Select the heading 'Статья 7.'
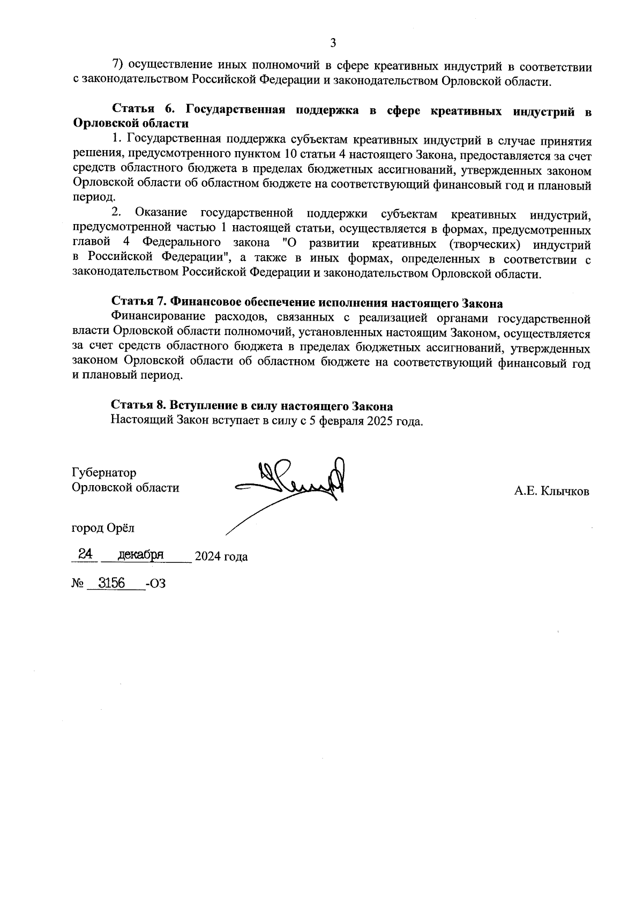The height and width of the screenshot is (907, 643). click(139, 303)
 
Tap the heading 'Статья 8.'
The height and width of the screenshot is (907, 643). click(139, 406)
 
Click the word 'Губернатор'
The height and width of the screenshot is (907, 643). click(104, 473)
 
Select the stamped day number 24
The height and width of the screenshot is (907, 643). click(85, 554)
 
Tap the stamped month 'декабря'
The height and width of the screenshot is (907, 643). click(140, 554)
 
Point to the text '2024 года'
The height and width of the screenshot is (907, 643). click(221, 556)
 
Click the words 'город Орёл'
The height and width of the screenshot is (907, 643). click(103, 528)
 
